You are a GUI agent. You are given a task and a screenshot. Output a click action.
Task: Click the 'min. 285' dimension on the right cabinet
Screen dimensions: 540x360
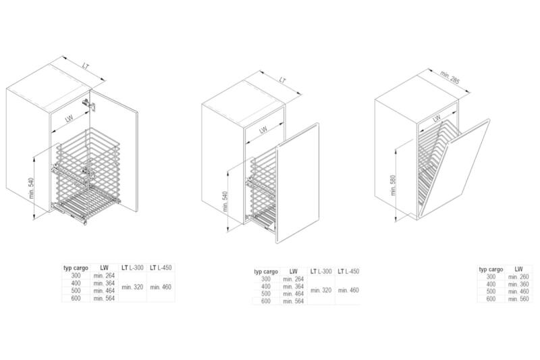coord(450,78)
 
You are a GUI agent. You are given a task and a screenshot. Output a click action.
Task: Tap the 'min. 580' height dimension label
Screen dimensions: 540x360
coord(394,185)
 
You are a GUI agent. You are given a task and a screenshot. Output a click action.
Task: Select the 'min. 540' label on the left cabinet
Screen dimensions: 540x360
coord(32,188)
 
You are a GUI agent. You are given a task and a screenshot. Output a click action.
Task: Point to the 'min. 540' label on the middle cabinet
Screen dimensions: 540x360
coord(225,201)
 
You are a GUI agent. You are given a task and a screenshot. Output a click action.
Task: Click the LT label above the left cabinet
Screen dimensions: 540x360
coord(86,66)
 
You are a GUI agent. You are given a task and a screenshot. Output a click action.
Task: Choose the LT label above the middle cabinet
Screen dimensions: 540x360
coord(282,80)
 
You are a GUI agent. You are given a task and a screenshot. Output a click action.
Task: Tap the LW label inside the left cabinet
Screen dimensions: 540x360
coord(70,118)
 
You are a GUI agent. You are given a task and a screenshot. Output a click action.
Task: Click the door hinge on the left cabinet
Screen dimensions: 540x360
coord(89,105)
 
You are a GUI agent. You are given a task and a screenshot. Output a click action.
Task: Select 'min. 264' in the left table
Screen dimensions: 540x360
coord(104,276)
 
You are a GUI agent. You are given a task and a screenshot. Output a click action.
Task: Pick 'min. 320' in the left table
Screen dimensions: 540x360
coord(132,287)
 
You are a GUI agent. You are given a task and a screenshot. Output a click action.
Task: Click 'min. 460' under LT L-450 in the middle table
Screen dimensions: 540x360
coord(348,290)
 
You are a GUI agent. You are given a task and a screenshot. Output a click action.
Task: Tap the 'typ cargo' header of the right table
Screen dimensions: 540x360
coord(491,269)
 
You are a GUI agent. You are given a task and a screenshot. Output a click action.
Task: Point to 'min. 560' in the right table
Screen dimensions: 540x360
coord(518,299)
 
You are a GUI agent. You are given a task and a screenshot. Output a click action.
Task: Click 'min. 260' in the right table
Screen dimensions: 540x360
coord(518,277)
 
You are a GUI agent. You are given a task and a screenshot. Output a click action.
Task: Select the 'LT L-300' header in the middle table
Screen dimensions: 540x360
coord(321,272)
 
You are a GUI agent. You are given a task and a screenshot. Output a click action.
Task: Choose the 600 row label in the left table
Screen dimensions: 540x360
coord(76,299)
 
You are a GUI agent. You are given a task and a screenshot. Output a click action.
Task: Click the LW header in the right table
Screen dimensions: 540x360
coord(518,269)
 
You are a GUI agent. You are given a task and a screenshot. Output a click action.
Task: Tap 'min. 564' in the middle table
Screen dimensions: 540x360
coord(294,301)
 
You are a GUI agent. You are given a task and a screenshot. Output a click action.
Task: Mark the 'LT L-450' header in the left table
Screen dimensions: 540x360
coord(161,267)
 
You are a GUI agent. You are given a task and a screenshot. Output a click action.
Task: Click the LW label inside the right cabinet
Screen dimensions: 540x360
coord(437,118)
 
